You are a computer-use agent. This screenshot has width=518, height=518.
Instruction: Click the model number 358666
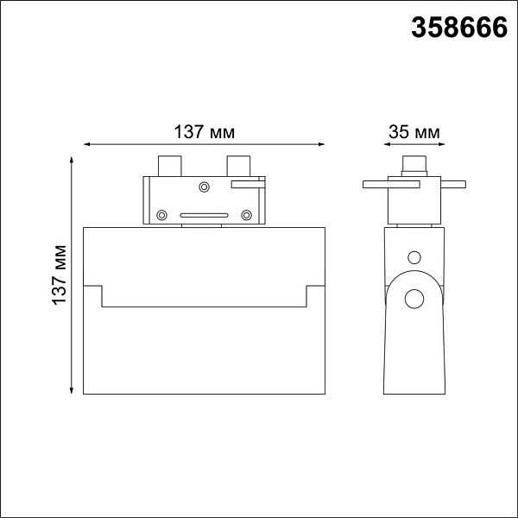click(x=459, y=28)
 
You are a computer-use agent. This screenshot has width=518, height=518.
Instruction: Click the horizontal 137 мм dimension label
click(x=204, y=132)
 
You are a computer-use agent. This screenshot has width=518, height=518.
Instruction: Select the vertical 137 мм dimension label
click(x=60, y=275)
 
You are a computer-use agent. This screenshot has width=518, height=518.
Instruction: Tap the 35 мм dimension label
click(x=414, y=132)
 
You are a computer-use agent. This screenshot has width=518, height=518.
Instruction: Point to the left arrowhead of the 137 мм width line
click(x=86, y=144)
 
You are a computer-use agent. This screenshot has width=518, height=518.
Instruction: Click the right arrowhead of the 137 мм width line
click(x=321, y=144)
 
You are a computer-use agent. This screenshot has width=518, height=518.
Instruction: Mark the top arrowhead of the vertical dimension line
click(x=72, y=160)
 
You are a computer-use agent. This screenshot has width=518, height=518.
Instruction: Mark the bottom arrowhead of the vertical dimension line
click(x=72, y=391)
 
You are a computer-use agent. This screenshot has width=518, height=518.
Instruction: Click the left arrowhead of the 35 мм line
click(x=387, y=144)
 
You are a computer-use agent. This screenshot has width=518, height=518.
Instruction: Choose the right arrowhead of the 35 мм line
click(x=441, y=144)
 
